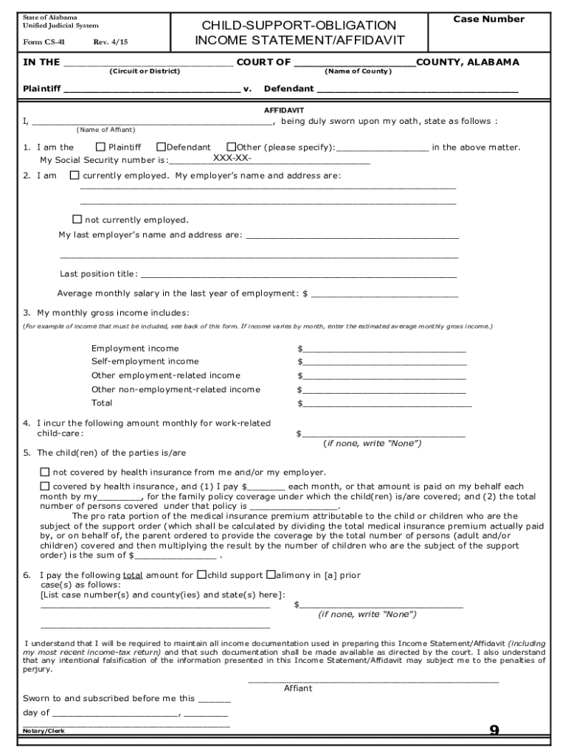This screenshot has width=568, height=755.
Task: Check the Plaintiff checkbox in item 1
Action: (101, 147)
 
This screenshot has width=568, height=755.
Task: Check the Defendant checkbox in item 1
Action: (160, 147)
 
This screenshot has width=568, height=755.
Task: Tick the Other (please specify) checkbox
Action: (231, 147)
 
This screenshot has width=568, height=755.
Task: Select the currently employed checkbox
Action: (75, 175)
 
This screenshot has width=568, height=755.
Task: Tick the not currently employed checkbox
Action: (77, 219)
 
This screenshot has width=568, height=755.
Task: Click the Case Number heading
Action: (488, 19)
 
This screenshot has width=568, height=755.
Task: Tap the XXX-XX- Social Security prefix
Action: (232, 159)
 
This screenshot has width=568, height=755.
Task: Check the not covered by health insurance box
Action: (45, 472)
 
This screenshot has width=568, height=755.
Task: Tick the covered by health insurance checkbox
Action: (45, 486)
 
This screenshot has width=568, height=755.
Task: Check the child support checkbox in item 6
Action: (201, 574)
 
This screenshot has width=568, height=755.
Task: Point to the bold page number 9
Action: (494, 731)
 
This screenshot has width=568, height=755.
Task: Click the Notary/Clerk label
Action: (44, 730)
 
